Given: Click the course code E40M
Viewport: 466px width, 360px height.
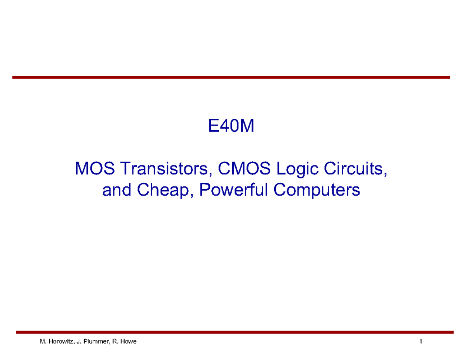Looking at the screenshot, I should tap(231, 127).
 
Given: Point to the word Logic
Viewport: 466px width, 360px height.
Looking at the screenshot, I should tap(292, 170).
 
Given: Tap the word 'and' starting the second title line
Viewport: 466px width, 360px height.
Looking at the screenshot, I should tap(115, 191).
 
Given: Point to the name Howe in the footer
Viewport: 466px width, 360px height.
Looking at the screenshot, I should tap(129, 342).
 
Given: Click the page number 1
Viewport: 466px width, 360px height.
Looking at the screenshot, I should tap(421, 342).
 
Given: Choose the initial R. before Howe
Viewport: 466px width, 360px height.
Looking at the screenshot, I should tap(115, 342).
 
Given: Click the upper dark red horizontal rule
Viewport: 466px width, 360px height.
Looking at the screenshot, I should tap(231, 78).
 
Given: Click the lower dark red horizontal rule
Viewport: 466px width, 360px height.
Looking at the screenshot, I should tap(235, 332).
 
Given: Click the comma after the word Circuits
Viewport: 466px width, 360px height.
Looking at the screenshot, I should tap(385, 173).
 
